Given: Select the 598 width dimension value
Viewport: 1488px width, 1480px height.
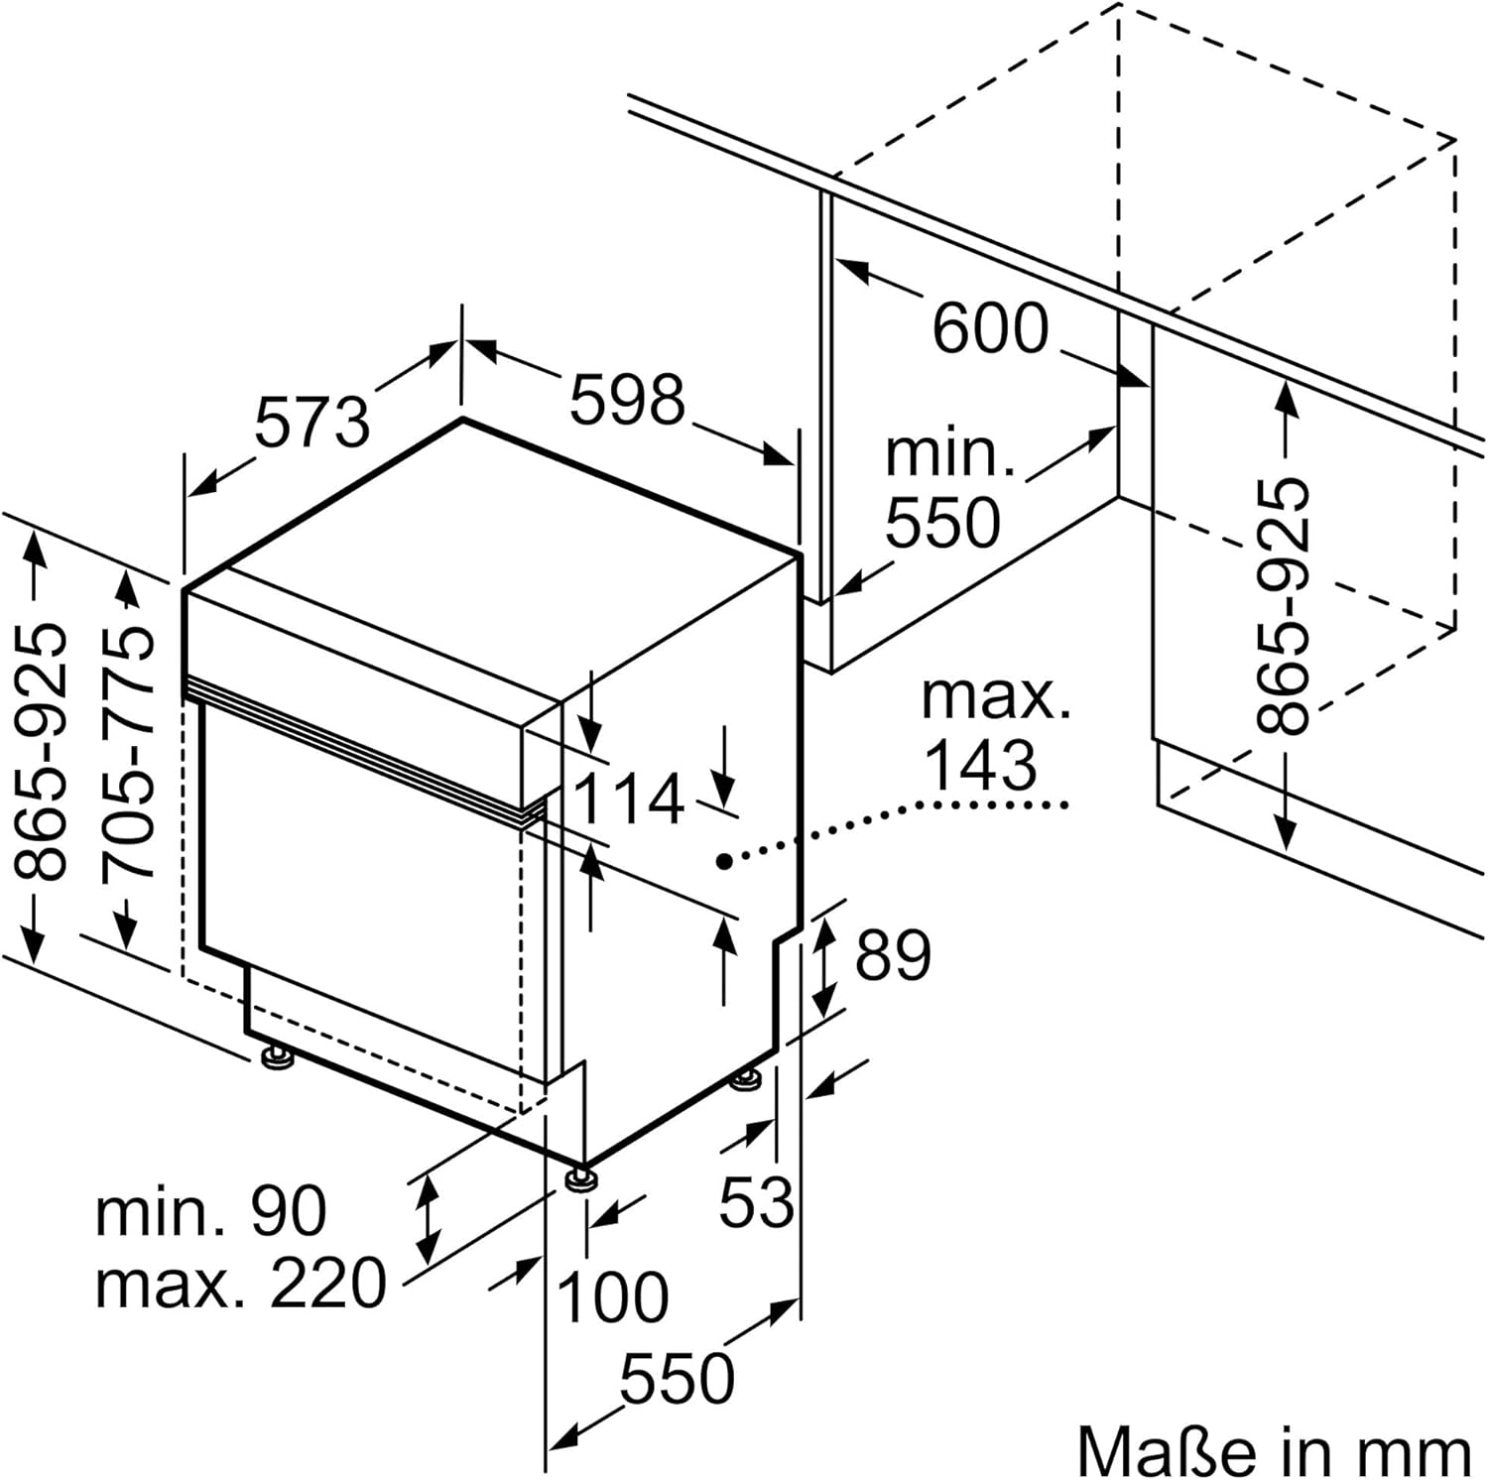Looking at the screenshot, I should click(x=627, y=399).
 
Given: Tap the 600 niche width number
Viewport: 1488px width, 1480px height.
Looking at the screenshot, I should click(x=989, y=327).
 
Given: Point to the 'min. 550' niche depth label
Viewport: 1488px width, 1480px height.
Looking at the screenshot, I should click(x=945, y=488).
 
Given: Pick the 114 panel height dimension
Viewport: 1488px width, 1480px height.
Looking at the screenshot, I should click(x=629, y=799).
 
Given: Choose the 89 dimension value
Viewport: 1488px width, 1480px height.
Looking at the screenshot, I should click(x=893, y=955).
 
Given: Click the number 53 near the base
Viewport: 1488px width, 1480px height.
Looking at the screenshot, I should click(x=756, y=1202).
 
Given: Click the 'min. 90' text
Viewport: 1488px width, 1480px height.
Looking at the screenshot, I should click(x=210, y=1210).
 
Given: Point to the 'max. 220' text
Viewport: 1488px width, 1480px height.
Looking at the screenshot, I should click(x=240, y=1283).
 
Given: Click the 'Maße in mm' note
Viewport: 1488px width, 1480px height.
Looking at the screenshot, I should click(x=1274, y=1452).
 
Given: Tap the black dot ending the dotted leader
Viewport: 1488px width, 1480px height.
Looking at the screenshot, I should click(x=725, y=862).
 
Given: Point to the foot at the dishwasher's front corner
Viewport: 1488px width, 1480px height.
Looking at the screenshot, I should click(x=580, y=1179).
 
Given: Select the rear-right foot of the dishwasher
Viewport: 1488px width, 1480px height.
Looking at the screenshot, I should click(x=747, y=1078).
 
